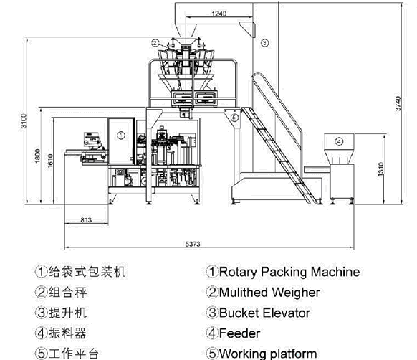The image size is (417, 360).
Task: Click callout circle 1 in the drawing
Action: click(x=120, y=134)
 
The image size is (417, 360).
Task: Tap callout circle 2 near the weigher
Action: click(x=155, y=43)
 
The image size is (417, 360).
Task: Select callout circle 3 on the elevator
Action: click(x=264, y=43)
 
